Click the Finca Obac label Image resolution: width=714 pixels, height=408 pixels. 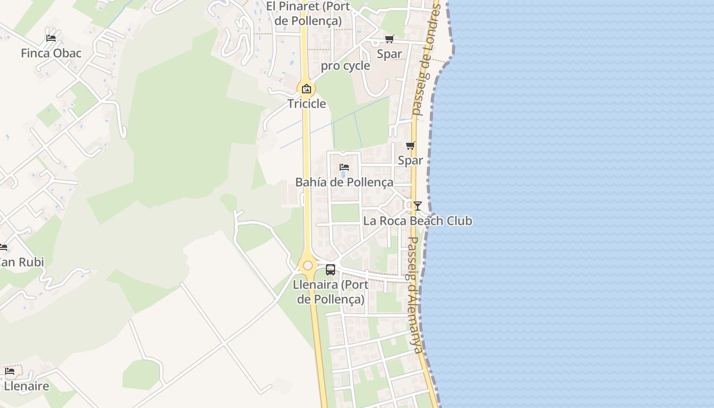tap(51, 53)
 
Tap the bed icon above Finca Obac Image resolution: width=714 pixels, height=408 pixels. tap(51, 38)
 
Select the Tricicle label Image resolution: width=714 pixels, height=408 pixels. tap(307, 104)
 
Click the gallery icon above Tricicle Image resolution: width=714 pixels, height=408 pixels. tap(307, 89)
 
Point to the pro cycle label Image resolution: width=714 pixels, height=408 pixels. tap(345, 66)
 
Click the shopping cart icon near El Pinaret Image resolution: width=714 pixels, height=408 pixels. tap(390, 39)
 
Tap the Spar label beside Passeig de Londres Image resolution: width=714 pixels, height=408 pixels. tap(390, 54)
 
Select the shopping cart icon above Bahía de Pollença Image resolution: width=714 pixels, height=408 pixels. tap(411, 146)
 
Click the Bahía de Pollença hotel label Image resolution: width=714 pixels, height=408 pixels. tap(344, 182)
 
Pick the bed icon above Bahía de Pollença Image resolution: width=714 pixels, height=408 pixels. tap(344, 167)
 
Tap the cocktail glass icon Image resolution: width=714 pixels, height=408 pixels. tap(418, 206)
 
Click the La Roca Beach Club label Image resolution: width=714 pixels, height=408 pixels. tap(418, 221)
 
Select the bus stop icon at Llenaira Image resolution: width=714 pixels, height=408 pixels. tap(330, 270)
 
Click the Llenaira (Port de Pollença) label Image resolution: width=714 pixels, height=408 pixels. tap(330, 292)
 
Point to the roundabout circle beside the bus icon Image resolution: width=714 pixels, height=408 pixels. tap(308, 265)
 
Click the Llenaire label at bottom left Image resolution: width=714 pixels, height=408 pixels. tap(27, 386)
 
